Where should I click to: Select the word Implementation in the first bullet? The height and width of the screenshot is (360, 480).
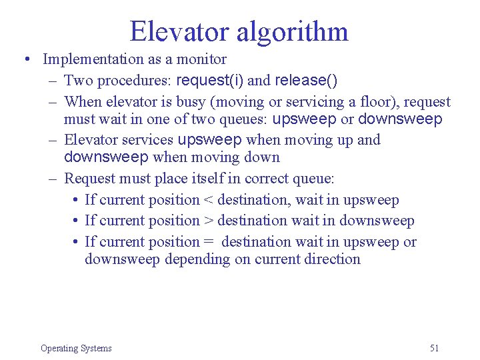click(94, 59)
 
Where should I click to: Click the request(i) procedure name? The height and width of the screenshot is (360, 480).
click(210, 81)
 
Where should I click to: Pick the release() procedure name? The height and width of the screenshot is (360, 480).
click(306, 81)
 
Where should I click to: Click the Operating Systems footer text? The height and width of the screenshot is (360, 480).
click(76, 348)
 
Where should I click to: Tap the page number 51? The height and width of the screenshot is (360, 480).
click(435, 348)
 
